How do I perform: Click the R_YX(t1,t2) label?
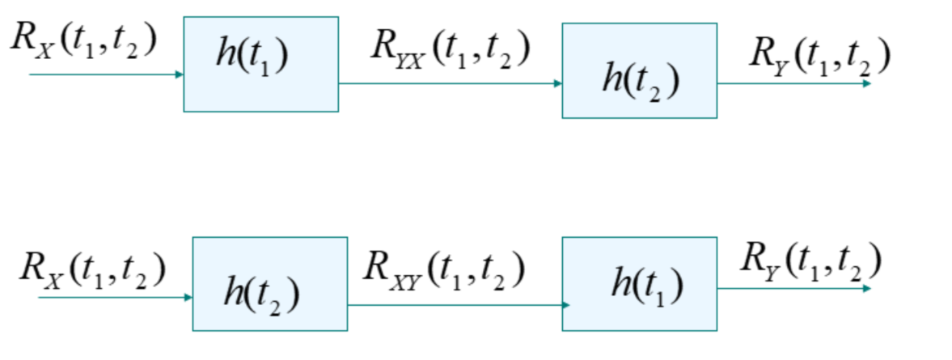pos(450,49)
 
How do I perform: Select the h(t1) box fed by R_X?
pos(260,64)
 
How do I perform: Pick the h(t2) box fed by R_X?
pos(269,284)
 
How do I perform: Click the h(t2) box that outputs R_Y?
pos(639,70)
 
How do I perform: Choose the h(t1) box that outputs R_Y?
pos(639,284)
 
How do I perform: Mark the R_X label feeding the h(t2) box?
pos(93,269)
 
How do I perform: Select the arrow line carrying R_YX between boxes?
pos(450,83)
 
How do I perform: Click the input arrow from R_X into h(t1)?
pos(105,74)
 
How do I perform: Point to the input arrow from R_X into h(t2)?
pos(113,298)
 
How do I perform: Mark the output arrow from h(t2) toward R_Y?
pos(793,83)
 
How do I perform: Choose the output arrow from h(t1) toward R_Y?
pos(793,288)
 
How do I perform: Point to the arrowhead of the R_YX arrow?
pos(557,83)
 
